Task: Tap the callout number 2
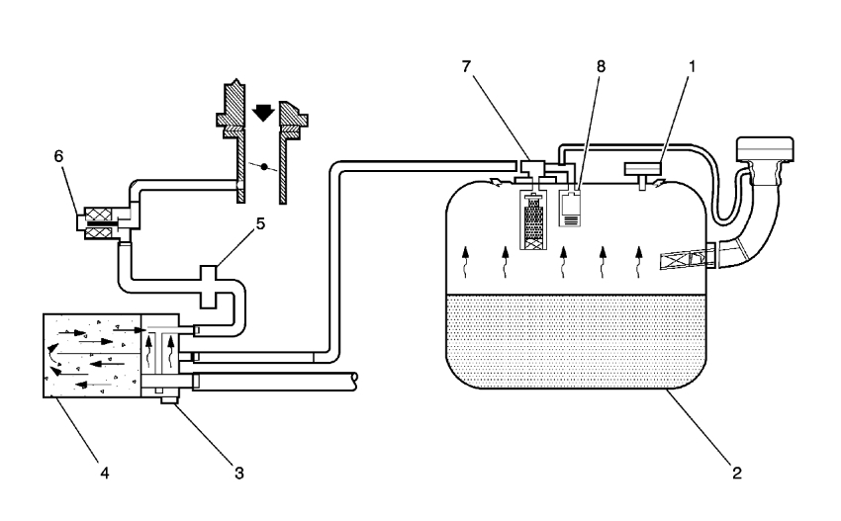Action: click(736, 473)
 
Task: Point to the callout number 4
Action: click(103, 473)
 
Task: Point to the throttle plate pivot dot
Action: click(262, 164)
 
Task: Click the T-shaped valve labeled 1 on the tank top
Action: click(643, 170)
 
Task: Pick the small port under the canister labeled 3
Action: click(165, 397)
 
